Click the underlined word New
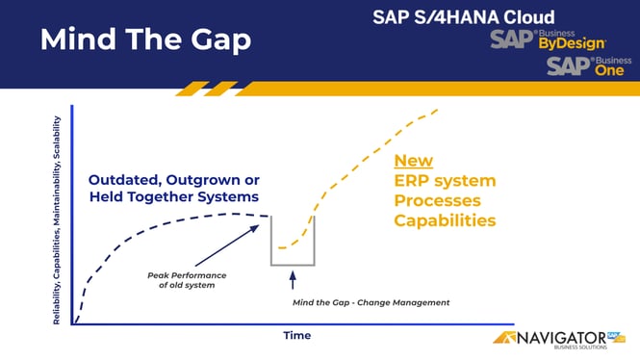pyautogui.click(x=414, y=161)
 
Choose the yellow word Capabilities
pyautogui.click(x=445, y=220)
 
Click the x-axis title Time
pyautogui.click(x=296, y=335)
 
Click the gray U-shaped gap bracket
pyautogui.click(x=293, y=262)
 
